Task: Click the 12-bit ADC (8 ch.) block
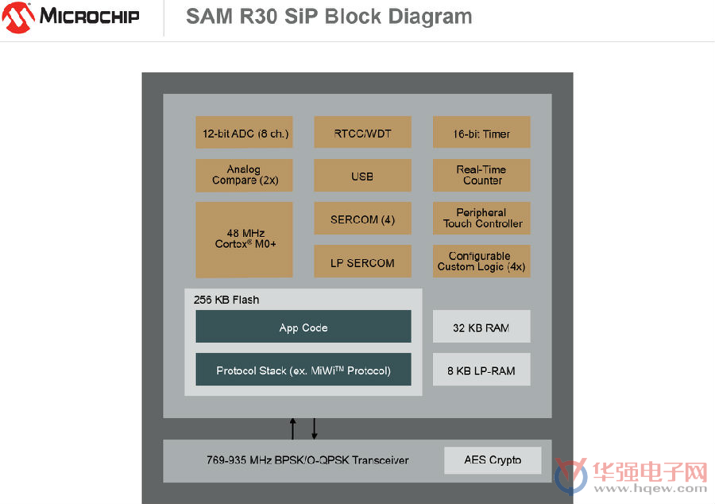tap(244, 132)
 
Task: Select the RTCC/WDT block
tap(362, 132)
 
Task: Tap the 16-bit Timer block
tap(481, 132)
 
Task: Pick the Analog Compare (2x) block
tap(244, 175)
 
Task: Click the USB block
tap(362, 175)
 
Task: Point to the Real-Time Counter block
tap(481, 175)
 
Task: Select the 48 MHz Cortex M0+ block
tap(244, 239)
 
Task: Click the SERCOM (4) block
tap(362, 218)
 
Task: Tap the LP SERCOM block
tap(362, 261)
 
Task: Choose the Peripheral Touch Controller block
tap(481, 218)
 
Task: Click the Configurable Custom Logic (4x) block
tap(481, 261)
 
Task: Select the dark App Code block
tap(303, 326)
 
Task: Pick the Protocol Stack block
tap(303, 369)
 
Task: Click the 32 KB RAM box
tap(481, 326)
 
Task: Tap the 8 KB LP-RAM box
tap(481, 369)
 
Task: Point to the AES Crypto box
tap(493, 460)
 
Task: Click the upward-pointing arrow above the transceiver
tap(292, 428)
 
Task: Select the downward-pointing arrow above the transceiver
tap(314, 428)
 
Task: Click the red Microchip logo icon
tap(18, 17)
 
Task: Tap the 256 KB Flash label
tap(226, 300)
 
